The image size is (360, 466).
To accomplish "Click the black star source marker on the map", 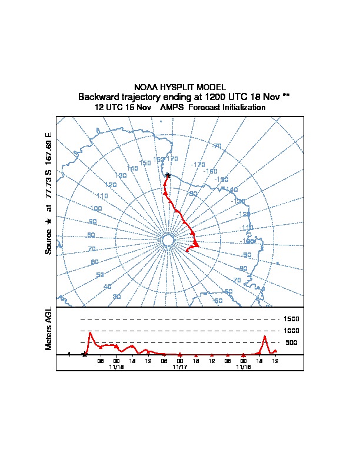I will coord(168,175).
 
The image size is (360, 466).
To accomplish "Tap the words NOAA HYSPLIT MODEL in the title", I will coord(180,87).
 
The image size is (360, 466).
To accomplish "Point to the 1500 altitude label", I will coord(292,319).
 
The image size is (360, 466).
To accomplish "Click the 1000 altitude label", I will coord(292,331).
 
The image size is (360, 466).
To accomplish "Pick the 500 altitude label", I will coord(291,342).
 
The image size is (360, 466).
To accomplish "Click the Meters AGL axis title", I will coord(49,328).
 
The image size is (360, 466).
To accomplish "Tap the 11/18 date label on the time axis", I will coord(116,367).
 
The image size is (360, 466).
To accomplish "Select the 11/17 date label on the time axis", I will coord(180,367).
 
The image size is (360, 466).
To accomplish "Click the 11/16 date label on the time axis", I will coord(244,367).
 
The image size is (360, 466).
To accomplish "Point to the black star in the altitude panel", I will coord(85,354).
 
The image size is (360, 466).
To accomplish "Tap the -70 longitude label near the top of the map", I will coord(217,146).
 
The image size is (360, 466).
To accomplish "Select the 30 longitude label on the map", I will coord(116,297).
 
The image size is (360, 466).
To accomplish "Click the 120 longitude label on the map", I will coord(111,185).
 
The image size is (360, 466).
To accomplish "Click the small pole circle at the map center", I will coord(168,240).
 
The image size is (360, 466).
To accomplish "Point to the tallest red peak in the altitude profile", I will coord(90,332).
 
